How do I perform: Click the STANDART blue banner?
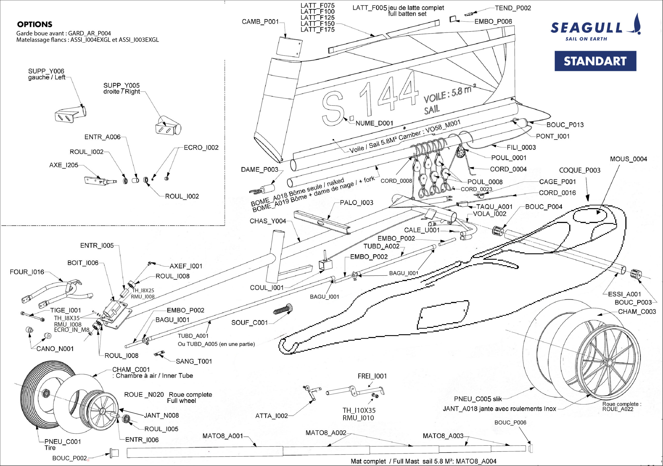point(595,61)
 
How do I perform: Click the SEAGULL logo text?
point(586,28)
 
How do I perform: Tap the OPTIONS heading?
point(35,24)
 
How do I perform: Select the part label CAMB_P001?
point(260,22)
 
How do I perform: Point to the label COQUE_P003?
point(580,170)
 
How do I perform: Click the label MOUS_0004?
point(628,159)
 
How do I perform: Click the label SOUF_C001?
point(249,323)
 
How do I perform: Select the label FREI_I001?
point(372,376)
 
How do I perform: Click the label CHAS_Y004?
point(268,221)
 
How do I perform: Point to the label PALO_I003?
point(356,203)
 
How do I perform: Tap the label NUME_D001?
point(374,123)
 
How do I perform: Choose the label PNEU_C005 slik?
point(478,399)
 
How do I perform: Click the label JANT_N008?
point(161,415)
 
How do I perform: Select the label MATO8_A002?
point(326,433)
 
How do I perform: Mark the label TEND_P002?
point(513,8)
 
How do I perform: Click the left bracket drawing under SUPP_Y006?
point(69,114)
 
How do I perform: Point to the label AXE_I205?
point(63,165)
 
